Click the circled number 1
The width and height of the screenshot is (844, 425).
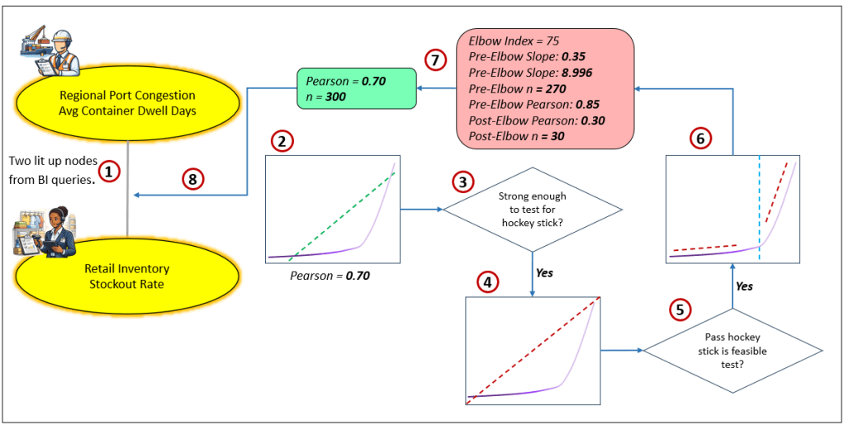[108, 171]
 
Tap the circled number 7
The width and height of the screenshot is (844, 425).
[435, 59]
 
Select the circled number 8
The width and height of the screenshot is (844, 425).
[192, 177]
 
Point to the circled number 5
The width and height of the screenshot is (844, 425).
[679, 309]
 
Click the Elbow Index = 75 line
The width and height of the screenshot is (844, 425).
[514, 40]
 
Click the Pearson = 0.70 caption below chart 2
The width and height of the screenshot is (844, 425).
[330, 276]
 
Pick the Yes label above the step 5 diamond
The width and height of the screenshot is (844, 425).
[744, 286]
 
